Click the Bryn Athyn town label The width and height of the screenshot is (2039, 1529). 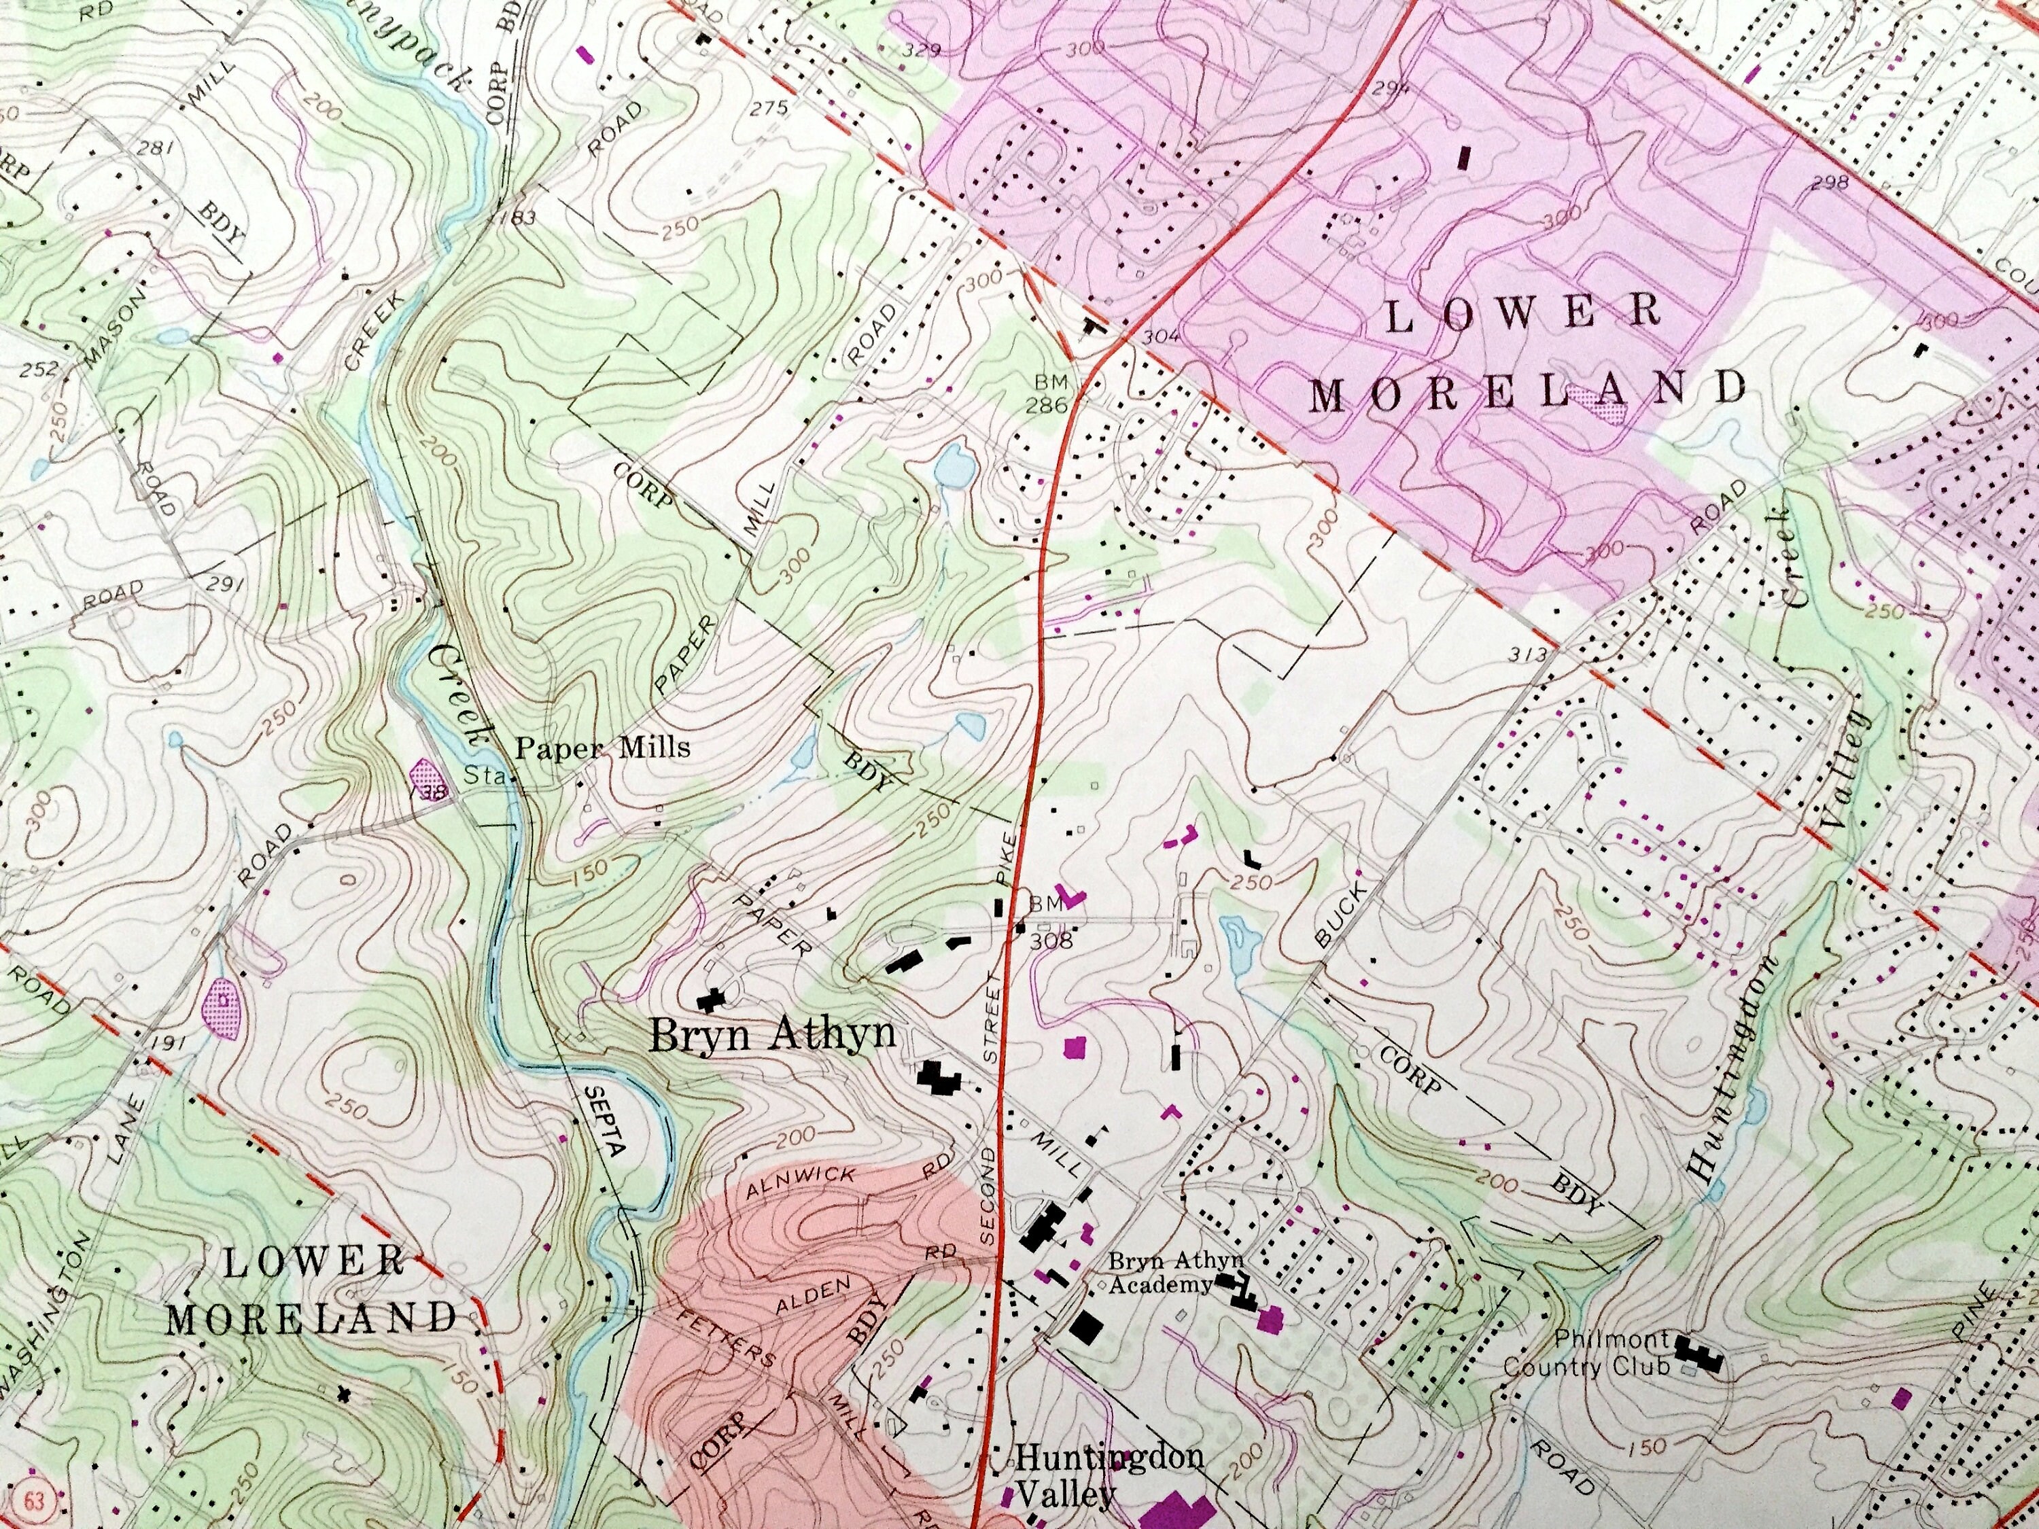click(x=773, y=1035)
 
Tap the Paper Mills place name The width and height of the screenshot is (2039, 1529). click(x=602, y=748)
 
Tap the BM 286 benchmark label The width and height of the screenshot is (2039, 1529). click(x=1051, y=393)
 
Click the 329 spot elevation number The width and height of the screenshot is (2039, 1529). click(x=921, y=50)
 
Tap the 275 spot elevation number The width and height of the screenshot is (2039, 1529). click(x=768, y=109)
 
